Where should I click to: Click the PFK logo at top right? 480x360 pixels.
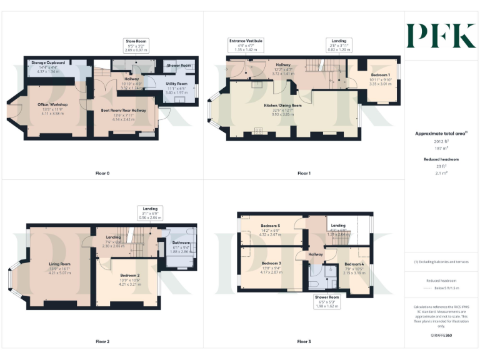(x=441, y=36)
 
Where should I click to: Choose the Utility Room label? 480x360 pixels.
(x=176, y=84)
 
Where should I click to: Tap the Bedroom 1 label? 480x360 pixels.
(x=379, y=75)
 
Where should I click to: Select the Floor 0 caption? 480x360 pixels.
(x=102, y=173)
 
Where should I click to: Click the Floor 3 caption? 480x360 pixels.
(x=304, y=342)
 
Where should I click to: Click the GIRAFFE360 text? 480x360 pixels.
(x=441, y=336)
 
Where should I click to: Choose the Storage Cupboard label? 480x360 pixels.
(x=48, y=63)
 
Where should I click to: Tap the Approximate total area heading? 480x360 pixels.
(x=441, y=134)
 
